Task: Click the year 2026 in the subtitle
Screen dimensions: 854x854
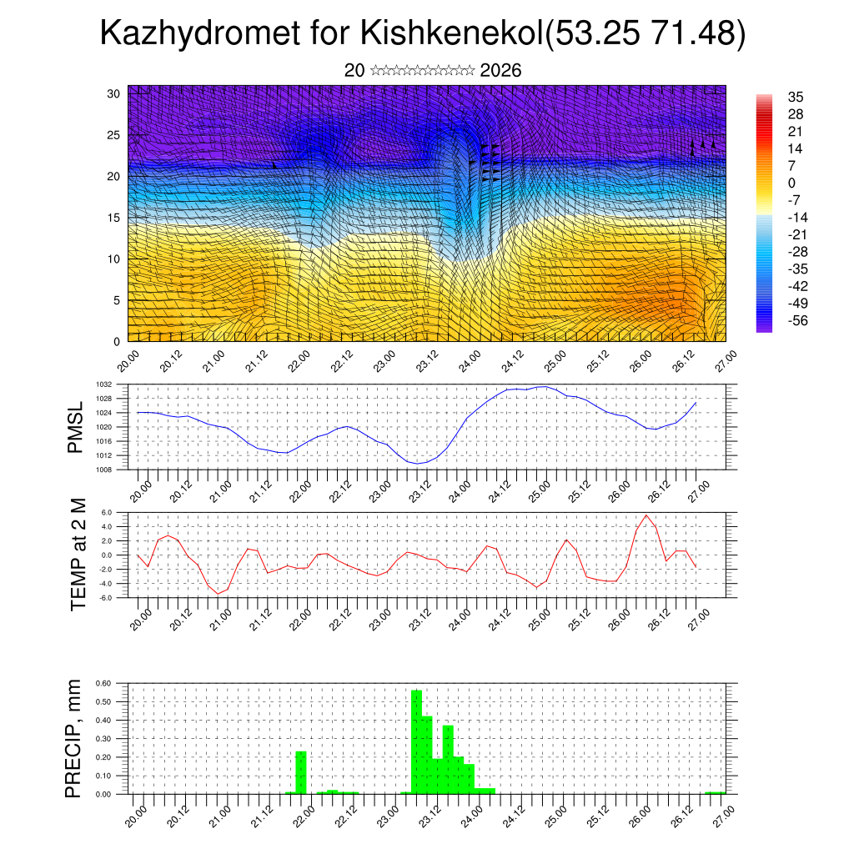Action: point(500,71)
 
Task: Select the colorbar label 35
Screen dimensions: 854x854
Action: point(796,97)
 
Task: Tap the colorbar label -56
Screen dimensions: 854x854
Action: point(798,320)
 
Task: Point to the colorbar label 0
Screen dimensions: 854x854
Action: point(791,183)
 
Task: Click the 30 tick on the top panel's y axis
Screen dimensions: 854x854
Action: point(114,93)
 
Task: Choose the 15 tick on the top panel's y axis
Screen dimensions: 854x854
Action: point(114,218)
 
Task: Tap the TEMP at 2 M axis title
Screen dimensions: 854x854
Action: point(79,555)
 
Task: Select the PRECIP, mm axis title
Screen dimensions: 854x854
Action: point(76,738)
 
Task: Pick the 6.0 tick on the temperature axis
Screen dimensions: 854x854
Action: point(107,512)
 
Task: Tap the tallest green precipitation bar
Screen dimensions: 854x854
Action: point(416,742)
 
